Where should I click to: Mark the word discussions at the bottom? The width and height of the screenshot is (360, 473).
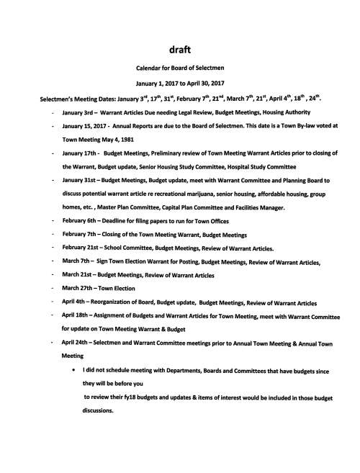coord(99,412)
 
